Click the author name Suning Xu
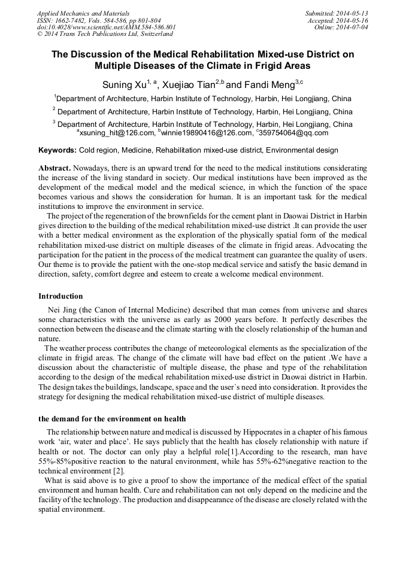(x=122, y=85)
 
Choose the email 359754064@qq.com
(x=294, y=133)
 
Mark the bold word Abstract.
(x=54, y=169)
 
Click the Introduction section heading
(x=60, y=296)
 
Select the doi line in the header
(x=107, y=27)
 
